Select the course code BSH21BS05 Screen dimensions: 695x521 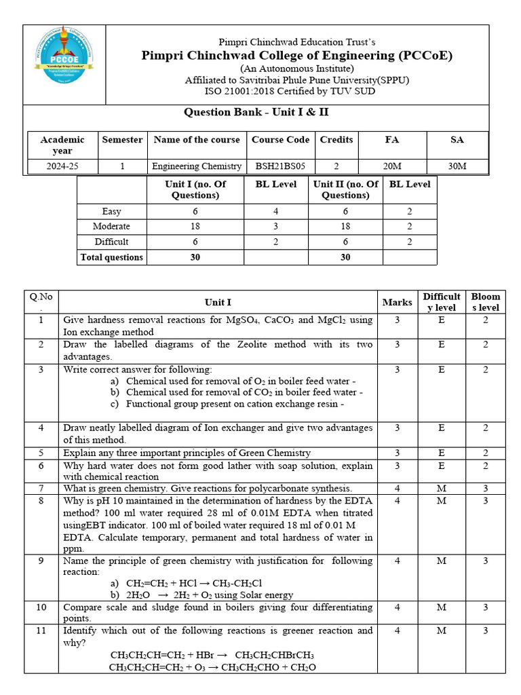click(x=280, y=166)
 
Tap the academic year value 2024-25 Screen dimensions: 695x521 click(x=62, y=166)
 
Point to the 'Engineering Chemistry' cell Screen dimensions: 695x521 click(x=197, y=166)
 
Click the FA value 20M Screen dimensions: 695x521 click(x=392, y=166)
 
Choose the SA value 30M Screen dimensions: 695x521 click(x=457, y=166)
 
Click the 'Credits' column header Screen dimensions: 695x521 click(x=336, y=140)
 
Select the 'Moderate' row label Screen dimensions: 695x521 click(x=111, y=226)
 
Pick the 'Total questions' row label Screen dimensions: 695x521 click(x=111, y=257)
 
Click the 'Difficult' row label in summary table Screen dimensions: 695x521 click(x=111, y=242)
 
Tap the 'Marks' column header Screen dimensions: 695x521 click(x=397, y=302)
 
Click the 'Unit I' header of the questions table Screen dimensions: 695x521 click(x=218, y=302)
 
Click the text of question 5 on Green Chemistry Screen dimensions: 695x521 click(x=187, y=453)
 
